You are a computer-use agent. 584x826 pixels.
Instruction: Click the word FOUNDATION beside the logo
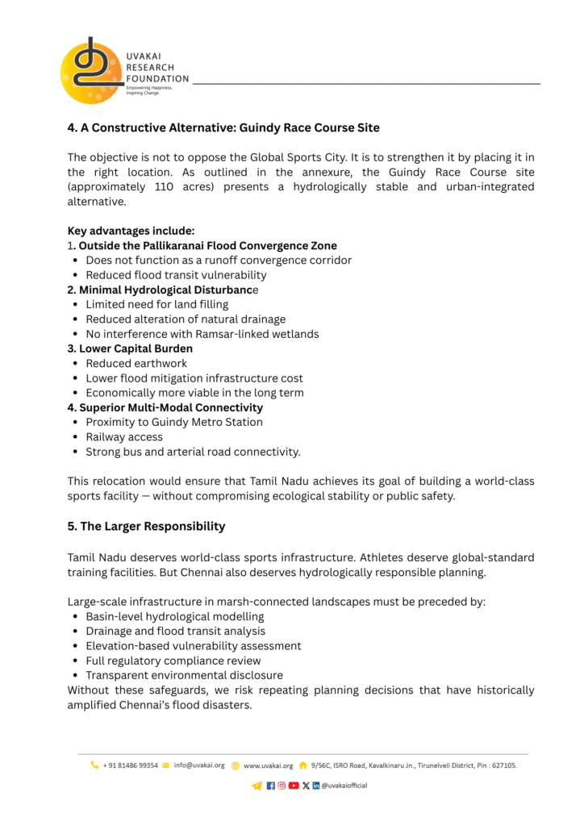click(x=157, y=79)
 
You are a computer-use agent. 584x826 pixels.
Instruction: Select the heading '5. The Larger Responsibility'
click(x=146, y=527)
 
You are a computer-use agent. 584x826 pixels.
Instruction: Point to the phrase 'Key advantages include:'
click(x=131, y=231)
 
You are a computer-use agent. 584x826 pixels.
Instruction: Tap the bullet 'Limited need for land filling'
click(x=156, y=304)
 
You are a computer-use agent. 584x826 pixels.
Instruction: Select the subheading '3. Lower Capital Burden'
click(x=130, y=348)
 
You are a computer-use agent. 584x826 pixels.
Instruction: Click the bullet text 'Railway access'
click(x=124, y=436)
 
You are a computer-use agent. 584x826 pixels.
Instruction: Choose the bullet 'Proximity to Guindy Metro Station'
click(x=174, y=422)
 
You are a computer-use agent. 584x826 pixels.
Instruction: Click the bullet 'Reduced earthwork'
click(x=136, y=363)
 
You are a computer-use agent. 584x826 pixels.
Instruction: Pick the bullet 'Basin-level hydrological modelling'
click(x=175, y=616)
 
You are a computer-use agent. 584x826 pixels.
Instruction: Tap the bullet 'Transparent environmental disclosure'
click(x=184, y=675)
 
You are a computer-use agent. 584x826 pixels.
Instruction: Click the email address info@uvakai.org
click(x=198, y=766)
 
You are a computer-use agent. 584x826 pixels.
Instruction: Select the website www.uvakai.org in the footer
click(x=268, y=766)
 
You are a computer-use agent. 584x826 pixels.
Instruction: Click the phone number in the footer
click(x=130, y=766)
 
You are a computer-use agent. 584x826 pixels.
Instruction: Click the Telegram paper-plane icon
click(x=257, y=786)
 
